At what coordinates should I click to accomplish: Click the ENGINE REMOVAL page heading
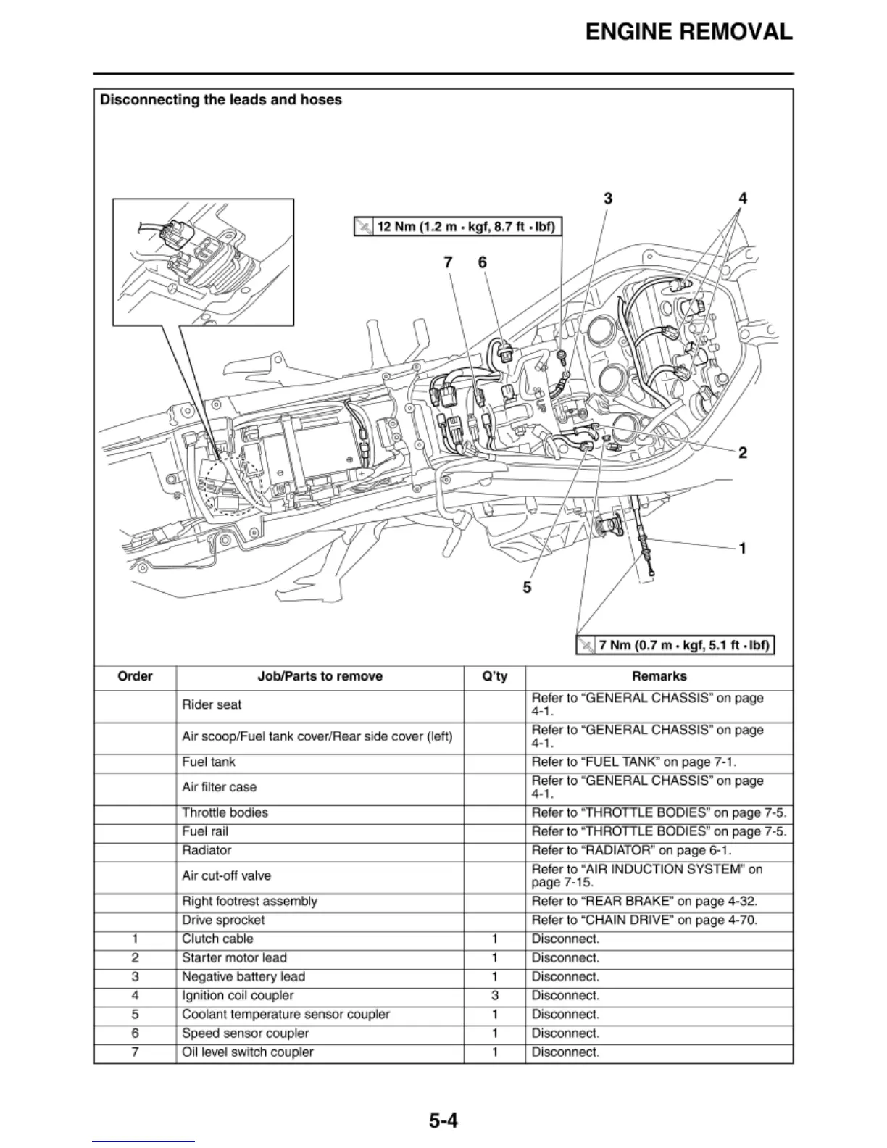coord(688,32)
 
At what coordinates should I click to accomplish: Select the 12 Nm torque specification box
coord(458,227)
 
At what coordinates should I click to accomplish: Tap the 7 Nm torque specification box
coord(675,644)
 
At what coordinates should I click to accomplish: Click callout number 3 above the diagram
coord(608,199)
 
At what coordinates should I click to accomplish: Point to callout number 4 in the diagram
coord(743,199)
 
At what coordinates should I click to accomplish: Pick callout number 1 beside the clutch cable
coord(743,548)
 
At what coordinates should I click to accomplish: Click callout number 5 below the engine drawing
coord(527,587)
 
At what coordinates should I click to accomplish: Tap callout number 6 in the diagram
coord(483,262)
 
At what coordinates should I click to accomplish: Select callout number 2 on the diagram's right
coord(743,453)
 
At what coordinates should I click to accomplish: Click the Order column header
coord(135,677)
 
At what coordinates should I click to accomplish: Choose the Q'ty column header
coord(495,677)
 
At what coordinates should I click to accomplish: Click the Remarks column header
coord(659,677)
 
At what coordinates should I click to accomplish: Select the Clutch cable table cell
coord(217,939)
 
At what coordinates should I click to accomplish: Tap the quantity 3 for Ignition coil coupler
coord(495,996)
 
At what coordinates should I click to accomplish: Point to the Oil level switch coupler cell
coord(248,1052)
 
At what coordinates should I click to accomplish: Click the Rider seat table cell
coord(212,704)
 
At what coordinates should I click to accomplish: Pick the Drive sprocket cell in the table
coord(223,920)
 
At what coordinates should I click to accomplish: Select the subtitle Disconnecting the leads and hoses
coord(221,100)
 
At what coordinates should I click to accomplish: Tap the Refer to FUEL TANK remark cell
coord(634,762)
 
